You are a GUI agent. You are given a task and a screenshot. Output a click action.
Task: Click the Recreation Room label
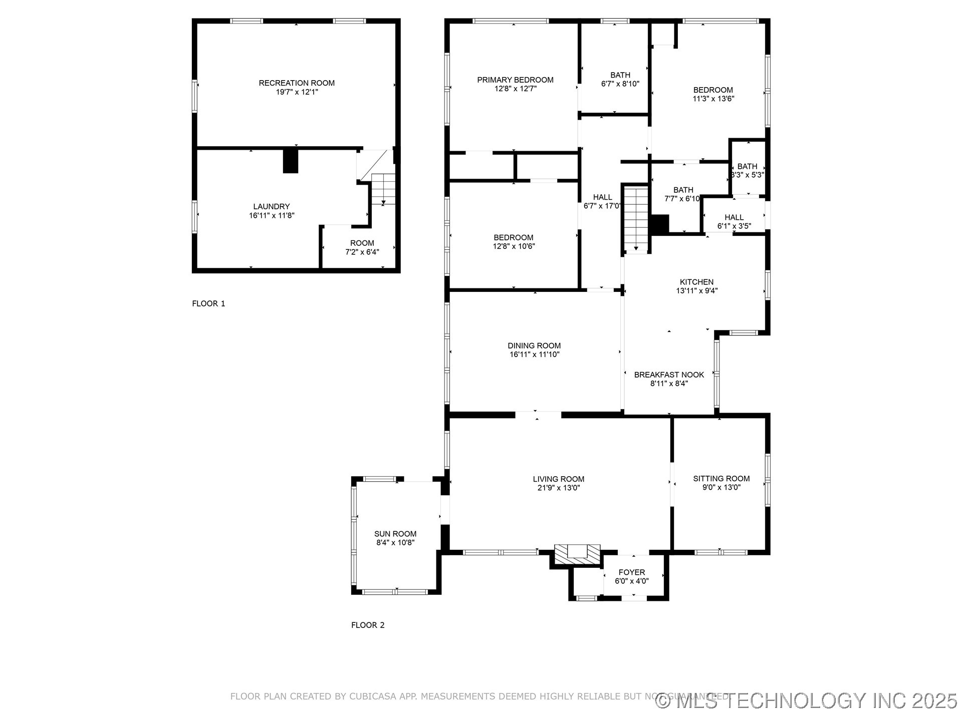pyautogui.click(x=297, y=83)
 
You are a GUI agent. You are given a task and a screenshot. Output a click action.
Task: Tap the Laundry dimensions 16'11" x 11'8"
pyautogui.click(x=272, y=216)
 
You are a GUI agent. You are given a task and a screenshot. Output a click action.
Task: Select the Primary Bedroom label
pyautogui.click(x=515, y=80)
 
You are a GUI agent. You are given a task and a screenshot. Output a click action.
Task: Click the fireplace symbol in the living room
pyautogui.click(x=577, y=553)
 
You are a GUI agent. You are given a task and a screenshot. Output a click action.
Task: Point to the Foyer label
pyautogui.click(x=632, y=572)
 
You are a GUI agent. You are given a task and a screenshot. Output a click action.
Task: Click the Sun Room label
pyautogui.click(x=395, y=534)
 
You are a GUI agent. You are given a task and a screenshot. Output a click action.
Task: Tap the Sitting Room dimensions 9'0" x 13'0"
pyautogui.click(x=721, y=487)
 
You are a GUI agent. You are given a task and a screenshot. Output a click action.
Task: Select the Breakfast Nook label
pyautogui.click(x=669, y=375)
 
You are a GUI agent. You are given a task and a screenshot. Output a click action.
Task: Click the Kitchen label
pyautogui.click(x=696, y=282)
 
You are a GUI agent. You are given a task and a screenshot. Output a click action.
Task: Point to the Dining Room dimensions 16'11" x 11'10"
pyautogui.click(x=534, y=354)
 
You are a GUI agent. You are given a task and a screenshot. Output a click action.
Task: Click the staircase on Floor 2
pyautogui.click(x=636, y=218)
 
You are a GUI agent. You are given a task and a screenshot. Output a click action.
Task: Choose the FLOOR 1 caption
pyautogui.click(x=208, y=303)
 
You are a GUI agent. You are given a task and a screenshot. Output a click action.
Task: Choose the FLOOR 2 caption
pyautogui.click(x=368, y=625)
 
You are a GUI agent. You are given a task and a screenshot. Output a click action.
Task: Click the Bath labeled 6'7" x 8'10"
pyautogui.click(x=620, y=75)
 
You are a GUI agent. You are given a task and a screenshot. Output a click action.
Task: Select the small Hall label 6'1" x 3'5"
pyautogui.click(x=734, y=217)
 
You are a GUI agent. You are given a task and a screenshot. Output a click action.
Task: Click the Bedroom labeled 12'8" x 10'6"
pyautogui.click(x=514, y=237)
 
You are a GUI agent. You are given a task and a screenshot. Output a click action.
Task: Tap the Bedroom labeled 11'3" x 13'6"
pyautogui.click(x=713, y=90)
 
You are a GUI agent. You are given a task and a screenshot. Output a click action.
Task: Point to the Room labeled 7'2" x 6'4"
pyautogui.click(x=362, y=243)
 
